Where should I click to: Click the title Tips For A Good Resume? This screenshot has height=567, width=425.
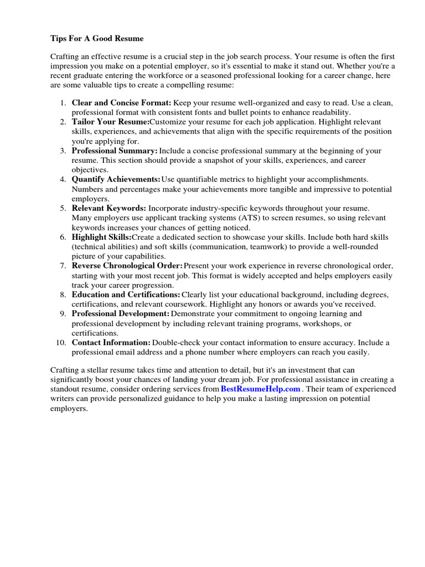click(x=97, y=38)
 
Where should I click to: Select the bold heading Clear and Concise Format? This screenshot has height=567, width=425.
click(x=122, y=102)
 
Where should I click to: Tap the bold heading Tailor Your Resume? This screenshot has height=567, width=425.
click(x=110, y=122)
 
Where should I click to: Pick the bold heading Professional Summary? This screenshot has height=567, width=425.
click(x=115, y=151)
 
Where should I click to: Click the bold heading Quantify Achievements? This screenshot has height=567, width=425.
click(x=116, y=179)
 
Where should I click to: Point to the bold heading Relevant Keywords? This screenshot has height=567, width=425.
click(x=109, y=208)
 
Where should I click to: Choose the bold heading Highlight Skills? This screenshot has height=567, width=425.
click(x=101, y=237)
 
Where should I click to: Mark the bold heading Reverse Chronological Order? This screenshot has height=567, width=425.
click(x=127, y=266)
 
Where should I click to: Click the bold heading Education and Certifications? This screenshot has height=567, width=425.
click(x=126, y=295)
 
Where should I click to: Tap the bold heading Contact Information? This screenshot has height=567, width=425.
click(x=111, y=343)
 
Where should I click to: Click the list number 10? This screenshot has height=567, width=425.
click(x=61, y=343)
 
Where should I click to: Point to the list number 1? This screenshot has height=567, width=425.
click(x=63, y=102)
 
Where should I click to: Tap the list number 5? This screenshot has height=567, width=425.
click(x=63, y=208)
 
